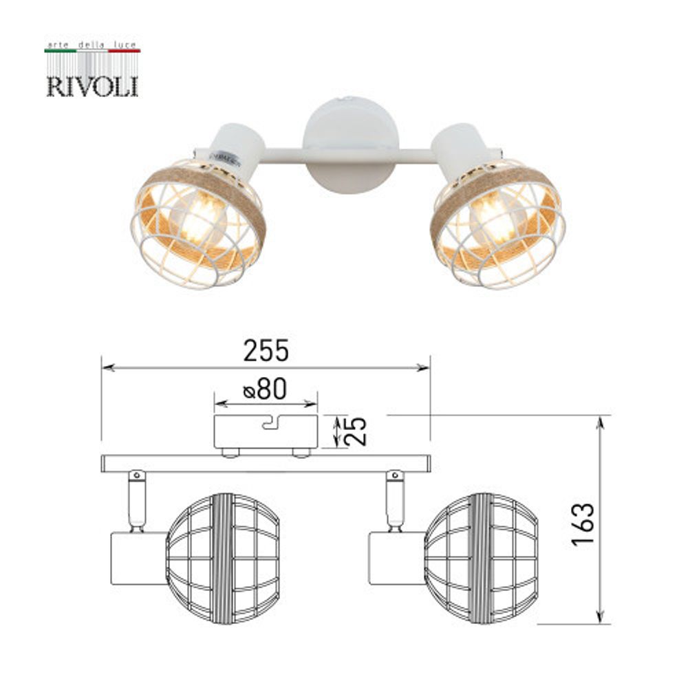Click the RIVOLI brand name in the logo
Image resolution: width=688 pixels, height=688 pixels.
click(92, 87)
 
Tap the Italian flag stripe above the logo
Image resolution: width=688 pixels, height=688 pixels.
click(92, 51)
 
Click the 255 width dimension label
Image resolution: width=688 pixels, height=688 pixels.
click(266, 352)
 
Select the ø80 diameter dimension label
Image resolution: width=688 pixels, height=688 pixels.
click(264, 390)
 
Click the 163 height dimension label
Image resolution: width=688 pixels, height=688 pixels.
click(582, 524)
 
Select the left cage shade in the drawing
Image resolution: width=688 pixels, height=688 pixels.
click(223, 558)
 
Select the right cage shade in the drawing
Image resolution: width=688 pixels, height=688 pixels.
click(482, 558)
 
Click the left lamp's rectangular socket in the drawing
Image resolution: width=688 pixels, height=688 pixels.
click(138, 558)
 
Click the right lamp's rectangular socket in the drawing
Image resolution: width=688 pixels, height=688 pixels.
click(396, 558)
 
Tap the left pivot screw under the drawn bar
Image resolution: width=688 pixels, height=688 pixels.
click(137, 475)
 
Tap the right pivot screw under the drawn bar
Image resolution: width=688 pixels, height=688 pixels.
click(395, 475)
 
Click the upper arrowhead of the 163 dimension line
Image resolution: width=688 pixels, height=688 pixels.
click(601, 422)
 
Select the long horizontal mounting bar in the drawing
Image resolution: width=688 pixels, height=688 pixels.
click(266, 463)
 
